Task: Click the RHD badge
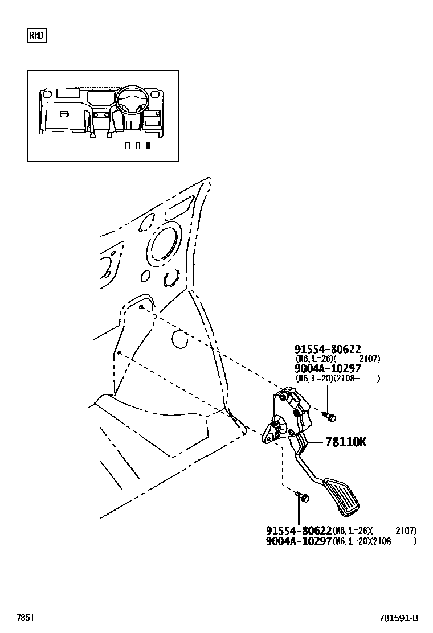(x=36, y=36)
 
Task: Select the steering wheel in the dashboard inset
(x=132, y=100)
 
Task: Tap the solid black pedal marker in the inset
(x=148, y=146)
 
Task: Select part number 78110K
(x=346, y=442)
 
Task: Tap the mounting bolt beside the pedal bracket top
(x=332, y=418)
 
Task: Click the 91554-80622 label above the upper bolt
(x=328, y=349)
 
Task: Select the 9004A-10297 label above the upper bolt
(x=328, y=368)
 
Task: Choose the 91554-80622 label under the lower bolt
(x=299, y=530)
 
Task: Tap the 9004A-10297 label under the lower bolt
(x=299, y=541)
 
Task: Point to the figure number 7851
(x=25, y=618)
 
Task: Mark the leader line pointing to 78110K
(x=315, y=442)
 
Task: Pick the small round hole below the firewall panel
(x=179, y=340)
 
